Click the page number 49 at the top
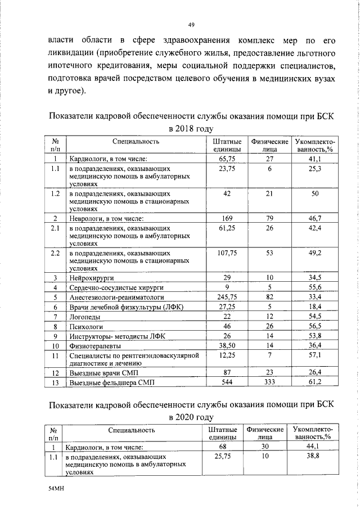[191, 25]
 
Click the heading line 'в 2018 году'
[191, 129]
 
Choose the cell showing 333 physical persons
[269, 382]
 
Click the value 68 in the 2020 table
[220, 447]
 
